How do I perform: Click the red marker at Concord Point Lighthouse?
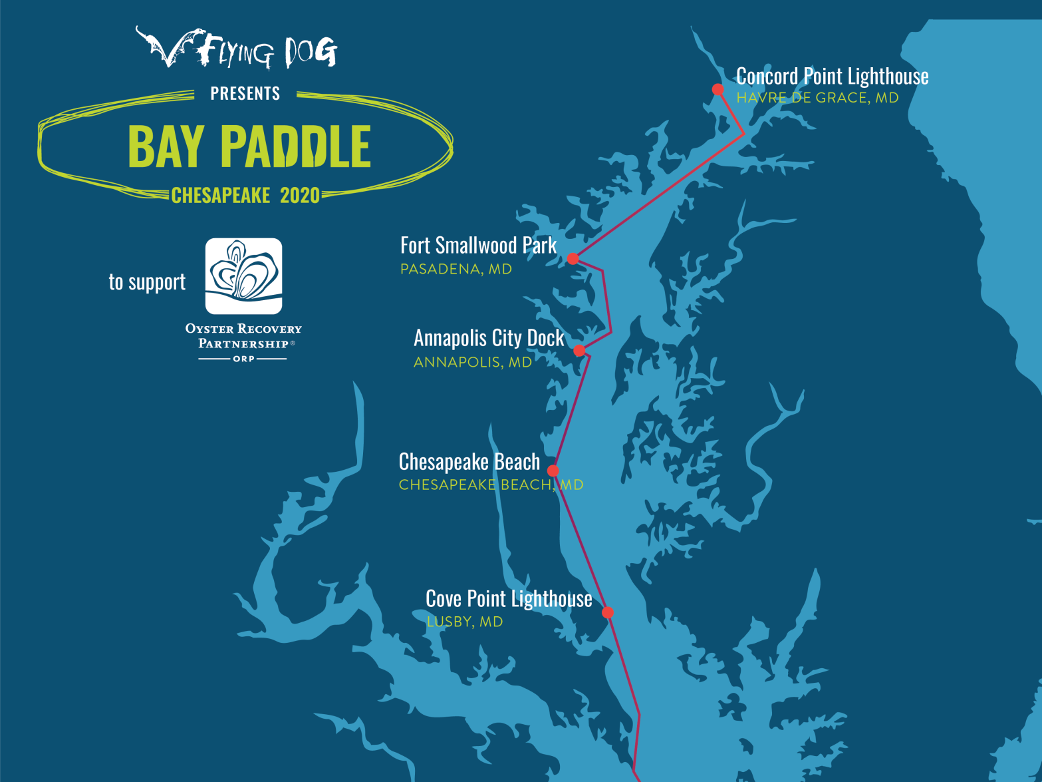coord(717,89)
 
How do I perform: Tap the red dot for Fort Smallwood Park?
coord(573,258)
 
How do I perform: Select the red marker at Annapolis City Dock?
coord(579,351)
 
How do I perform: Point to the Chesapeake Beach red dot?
coord(553,471)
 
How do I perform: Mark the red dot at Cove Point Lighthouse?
coord(608,612)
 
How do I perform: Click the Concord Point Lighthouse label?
coord(832,77)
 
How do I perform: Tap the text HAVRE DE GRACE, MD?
coord(817,98)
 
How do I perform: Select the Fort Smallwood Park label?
coord(478,246)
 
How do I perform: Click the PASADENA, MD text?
coord(456,269)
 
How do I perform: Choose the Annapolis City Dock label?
coord(489,338)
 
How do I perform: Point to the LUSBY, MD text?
coord(465,622)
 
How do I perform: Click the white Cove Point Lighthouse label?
coord(509,598)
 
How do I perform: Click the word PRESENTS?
coord(245,94)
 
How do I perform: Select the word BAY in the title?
coord(166,147)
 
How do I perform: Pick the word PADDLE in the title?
coord(296,147)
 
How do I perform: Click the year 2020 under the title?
coord(300,196)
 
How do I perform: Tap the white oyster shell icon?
coord(243,276)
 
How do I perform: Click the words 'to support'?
coord(147,282)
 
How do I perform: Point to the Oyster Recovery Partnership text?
coord(243,336)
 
